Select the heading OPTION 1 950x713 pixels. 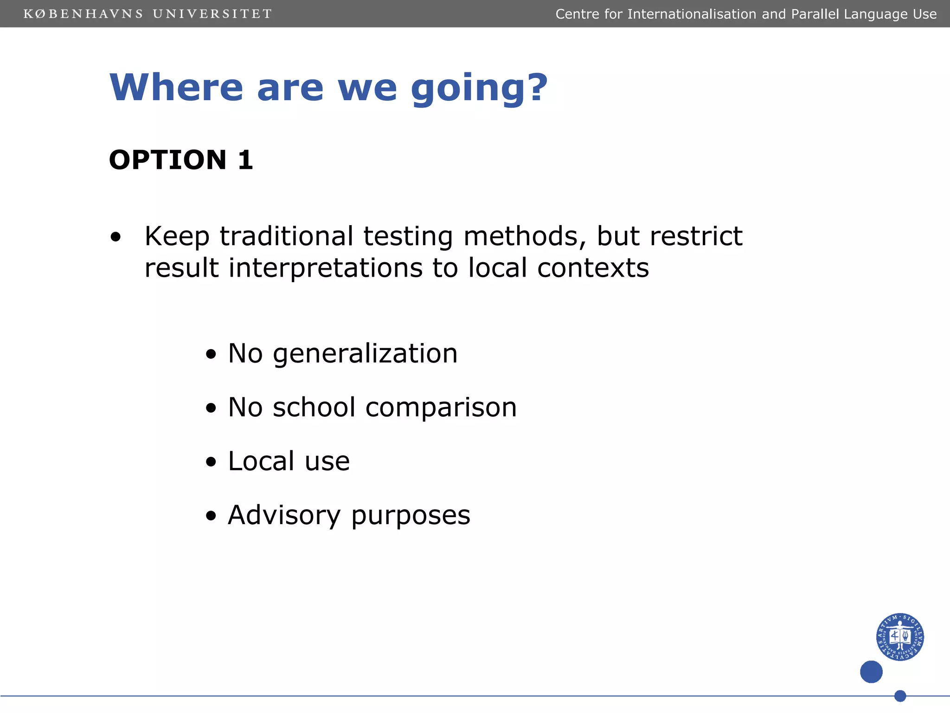point(181,160)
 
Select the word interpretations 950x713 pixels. point(325,268)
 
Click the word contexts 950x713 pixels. point(593,268)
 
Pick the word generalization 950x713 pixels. point(365,354)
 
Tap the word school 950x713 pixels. point(314,407)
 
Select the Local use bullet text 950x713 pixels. point(289,461)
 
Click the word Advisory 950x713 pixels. point(284,515)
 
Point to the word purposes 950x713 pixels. point(411,516)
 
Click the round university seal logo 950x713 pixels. point(899,636)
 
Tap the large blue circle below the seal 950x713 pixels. point(871,672)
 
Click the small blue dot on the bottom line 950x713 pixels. point(900,696)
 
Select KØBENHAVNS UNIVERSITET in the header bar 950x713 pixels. point(148,14)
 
